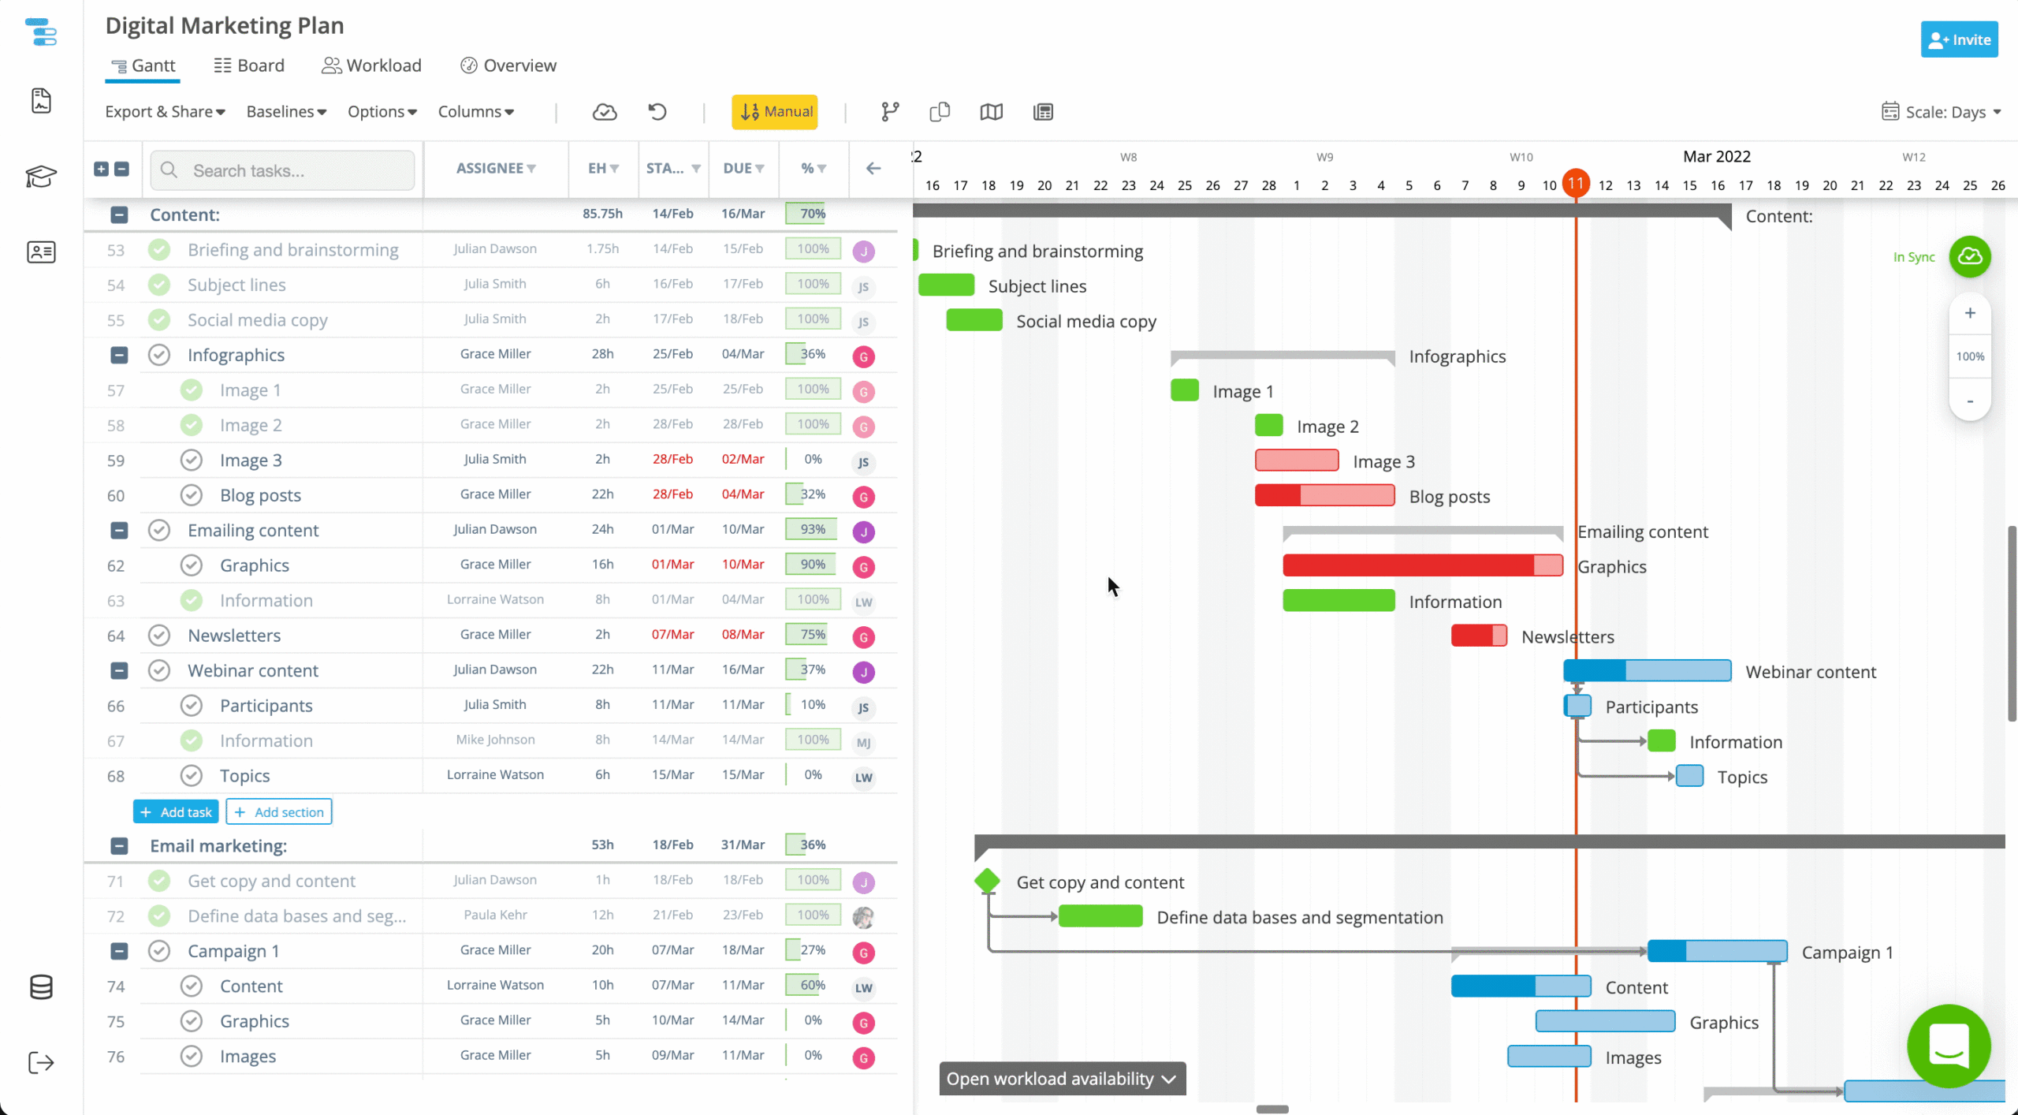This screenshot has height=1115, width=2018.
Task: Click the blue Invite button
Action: pyautogui.click(x=1959, y=40)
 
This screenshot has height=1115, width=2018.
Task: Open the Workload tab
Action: pyautogui.click(x=371, y=65)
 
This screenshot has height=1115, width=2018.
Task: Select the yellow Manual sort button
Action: pyautogui.click(x=775, y=112)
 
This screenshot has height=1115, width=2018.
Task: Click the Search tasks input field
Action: pyautogui.click(x=282, y=170)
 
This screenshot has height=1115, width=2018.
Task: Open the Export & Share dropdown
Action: pyautogui.click(x=165, y=112)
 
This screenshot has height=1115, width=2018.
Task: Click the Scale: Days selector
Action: pyautogui.click(x=1941, y=112)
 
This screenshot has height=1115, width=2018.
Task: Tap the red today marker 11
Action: pyautogui.click(x=1576, y=184)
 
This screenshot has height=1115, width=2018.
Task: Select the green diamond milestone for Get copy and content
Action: pyautogui.click(x=987, y=881)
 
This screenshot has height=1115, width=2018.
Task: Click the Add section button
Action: pyautogui.click(x=279, y=812)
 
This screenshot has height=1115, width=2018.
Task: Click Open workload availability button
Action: pyautogui.click(x=1061, y=1079)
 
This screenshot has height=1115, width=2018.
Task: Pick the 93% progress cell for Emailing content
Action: pyautogui.click(x=812, y=529)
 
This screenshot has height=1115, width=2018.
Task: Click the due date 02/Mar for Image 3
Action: pyautogui.click(x=743, y=459)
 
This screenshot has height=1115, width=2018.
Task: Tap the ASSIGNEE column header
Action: pyautogui.click(x=495, y=168)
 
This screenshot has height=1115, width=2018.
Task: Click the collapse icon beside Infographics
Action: pyautogui.click(x=119, y=355)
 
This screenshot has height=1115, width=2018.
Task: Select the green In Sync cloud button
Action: pyautogui.click(x=1970, y=256)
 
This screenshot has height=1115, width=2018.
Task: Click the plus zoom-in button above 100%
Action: pyautogui.click(x=1970, y=313)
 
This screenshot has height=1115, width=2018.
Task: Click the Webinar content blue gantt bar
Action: pyautogui.click(x=1647, y=671)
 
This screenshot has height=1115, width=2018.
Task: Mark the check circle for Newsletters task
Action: pyautogui.click(x=159, y=635)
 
